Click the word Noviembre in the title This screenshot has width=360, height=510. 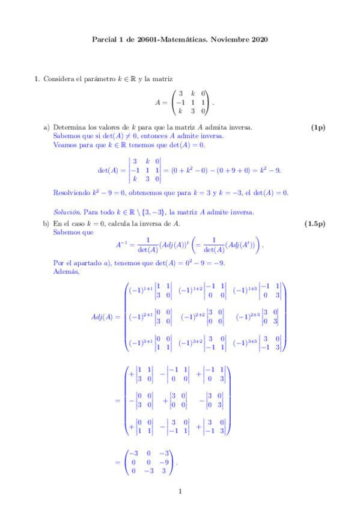click(x=231, y=40)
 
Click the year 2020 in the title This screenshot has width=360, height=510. click(x=259, y=40)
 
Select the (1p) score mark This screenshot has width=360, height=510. click(x=318, y=127)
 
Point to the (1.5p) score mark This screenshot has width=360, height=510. click(x=315, y=224)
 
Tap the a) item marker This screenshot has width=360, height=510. click(x=46, y=127)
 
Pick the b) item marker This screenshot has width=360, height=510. click(x=46, y=224)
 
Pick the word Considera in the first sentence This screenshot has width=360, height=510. click(x=60, y=79)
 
